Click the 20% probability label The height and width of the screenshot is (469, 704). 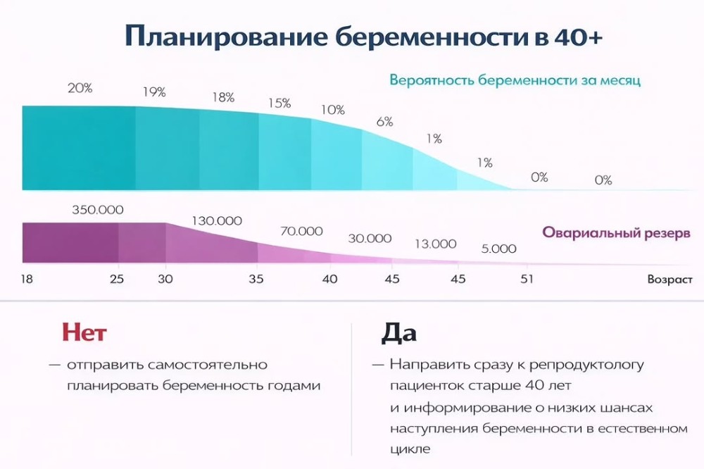pyautogui.click(x=80, y=89)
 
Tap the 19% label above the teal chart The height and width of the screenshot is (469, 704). pyautogui.click(x=153, y=92)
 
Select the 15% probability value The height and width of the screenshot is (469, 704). pyautogui.click(x=279, y=103)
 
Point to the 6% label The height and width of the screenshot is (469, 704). pyautogui.click(x=384, y=121)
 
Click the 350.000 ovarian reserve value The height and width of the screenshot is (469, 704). pyautogui.click(x=98, y=210)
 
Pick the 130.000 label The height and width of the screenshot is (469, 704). pyautogui.click(x=216, y=220)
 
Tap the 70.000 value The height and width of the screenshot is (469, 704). pyautogui.click(x=301, y=231)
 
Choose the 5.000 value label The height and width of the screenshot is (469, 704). pyautogui.click(x=498, y=249)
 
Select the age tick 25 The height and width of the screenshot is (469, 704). pyautogui.click(x=117, y=279)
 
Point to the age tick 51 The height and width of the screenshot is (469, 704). pyautogui.click(x=524, y=279)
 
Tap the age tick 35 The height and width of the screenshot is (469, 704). pyautogui.click(x=256, y=279)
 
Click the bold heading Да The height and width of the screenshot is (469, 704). pyautogui.click(x=398, y=332)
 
